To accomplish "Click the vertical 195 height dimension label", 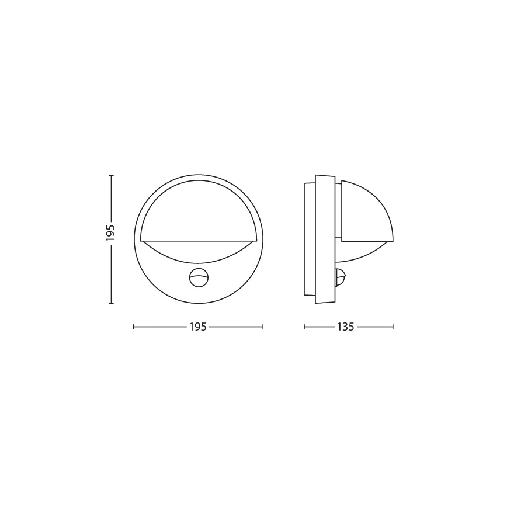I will coord(111,233).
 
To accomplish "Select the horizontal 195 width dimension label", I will coord(198,327).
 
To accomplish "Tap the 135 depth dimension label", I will coord(345,327).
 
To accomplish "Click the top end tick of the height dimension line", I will coord(111,175).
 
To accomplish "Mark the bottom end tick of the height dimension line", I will coord(111,304).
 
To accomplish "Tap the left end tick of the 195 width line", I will coord(134,327).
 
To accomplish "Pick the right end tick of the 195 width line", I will coord(263,327).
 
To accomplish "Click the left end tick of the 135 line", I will coord(304,327).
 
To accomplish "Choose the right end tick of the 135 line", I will coord(393,327).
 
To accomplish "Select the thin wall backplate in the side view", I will coord(310,239).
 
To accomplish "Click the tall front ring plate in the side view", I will coord(325,239).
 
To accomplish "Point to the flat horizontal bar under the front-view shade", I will coord(199,240).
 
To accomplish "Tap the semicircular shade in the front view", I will coord(199,210).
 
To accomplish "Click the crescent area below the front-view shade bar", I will coord(199,252).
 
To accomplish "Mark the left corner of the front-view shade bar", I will coord(141,240).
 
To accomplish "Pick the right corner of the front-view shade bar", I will coord(256,240).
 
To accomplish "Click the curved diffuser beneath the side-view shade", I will coord(362,252).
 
